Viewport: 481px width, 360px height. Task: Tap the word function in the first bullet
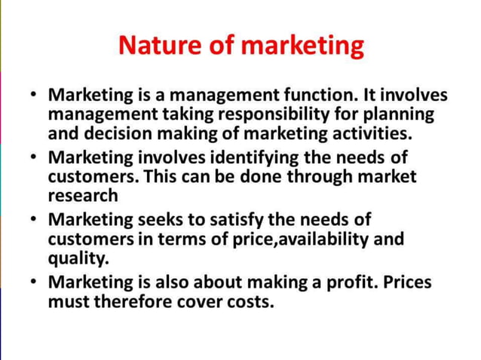(322, 96)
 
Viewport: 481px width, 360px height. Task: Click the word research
(84, 196)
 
